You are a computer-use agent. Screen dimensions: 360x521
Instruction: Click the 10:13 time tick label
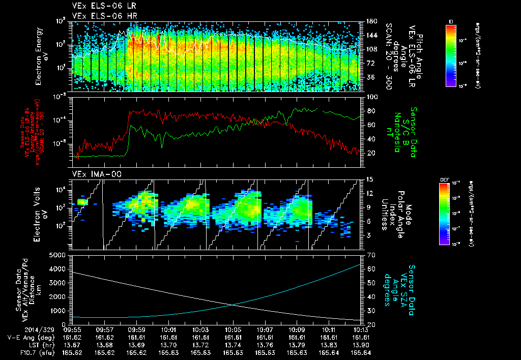click(361, 329)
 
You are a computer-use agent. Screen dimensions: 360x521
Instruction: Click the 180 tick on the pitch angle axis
click(370, 21)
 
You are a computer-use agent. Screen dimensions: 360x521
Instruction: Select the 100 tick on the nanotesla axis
click(370, 97)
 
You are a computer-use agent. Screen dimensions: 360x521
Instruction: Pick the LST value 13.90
click(361, 345)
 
